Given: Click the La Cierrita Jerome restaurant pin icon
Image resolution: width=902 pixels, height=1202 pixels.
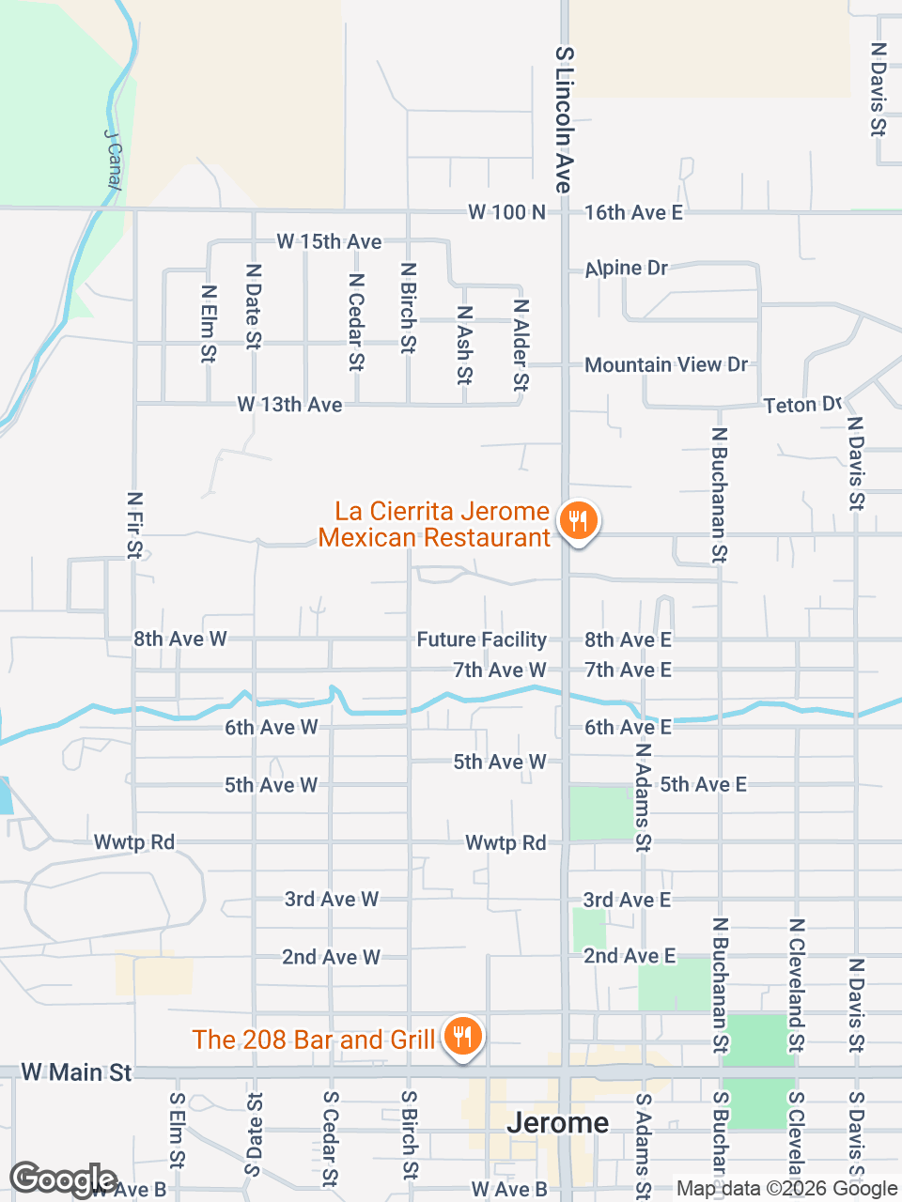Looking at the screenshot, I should point(578,520).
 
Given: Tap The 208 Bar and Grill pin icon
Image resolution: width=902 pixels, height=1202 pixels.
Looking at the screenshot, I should point(461,1037).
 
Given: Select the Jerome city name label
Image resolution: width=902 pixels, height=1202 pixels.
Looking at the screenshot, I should point(557,1122).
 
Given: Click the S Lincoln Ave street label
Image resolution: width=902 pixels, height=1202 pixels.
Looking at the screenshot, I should point(564,120).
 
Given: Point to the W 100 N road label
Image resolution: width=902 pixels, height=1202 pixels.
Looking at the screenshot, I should point(506,212).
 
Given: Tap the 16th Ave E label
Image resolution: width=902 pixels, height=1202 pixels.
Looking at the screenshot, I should point(633,212).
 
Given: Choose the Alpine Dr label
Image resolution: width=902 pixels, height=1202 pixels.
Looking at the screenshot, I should point(626,269).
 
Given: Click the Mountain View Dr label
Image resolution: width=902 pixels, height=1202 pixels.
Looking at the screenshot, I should point(666,364).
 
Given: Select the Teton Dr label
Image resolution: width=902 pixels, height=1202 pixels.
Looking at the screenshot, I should point(801,405).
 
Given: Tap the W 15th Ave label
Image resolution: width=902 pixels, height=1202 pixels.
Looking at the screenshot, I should point(329,241).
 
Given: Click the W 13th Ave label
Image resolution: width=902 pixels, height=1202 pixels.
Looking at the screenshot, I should point(289,405).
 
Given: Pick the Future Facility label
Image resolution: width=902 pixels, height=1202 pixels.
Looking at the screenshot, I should point(481,640).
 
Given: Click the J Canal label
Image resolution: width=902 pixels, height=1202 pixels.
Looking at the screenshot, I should point(113,161).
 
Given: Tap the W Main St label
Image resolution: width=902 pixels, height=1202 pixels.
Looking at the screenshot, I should point(76,1072).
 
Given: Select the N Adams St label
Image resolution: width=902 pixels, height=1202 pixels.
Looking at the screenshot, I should point(643,796).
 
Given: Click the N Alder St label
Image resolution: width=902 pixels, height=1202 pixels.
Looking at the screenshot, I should point(521,345).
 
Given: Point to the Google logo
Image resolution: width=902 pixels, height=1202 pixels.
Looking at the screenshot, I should point(63,1179).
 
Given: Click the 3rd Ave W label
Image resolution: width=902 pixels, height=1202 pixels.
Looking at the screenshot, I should point(332,900).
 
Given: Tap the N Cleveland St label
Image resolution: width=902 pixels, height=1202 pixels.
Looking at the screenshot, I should point(796,985).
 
